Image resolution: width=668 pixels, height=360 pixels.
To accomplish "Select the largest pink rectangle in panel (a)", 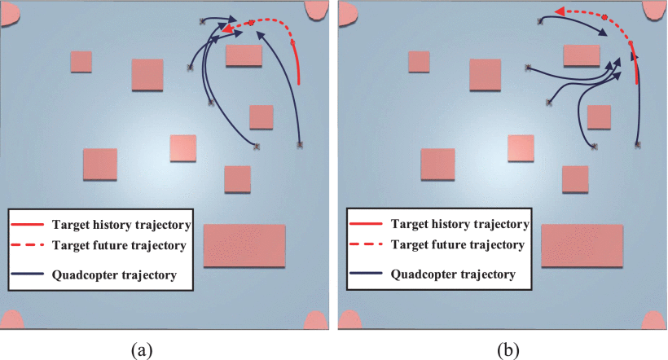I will [244, 245].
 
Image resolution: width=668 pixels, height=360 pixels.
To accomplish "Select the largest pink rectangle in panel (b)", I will [582, 245].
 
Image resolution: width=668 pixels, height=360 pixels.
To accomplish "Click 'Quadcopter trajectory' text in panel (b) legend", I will [453, 274].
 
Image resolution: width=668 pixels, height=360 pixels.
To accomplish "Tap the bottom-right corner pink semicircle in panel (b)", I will [655, 318].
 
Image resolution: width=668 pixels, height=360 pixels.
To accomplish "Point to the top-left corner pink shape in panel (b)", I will [349, 12].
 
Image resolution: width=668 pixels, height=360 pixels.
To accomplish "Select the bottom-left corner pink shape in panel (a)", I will [11, 318].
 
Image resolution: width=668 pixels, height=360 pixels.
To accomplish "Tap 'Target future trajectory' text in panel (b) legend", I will [458, 244].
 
